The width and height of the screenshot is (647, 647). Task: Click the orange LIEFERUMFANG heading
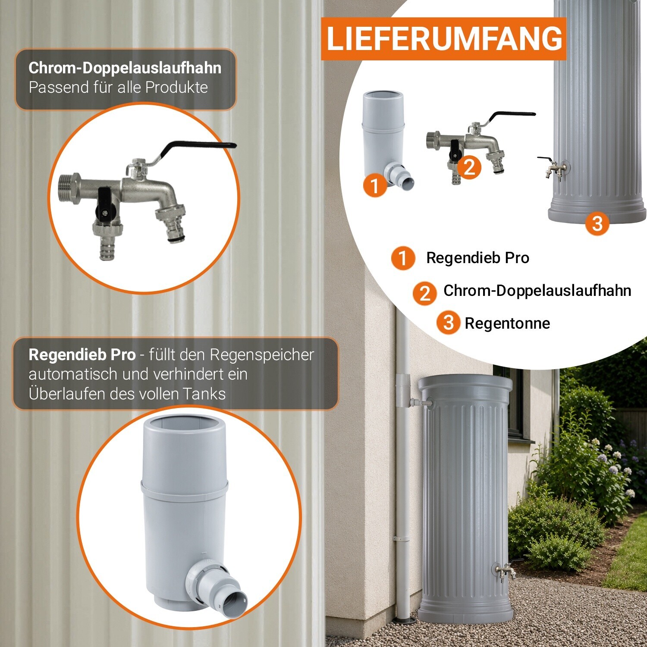click(x=444, y=39)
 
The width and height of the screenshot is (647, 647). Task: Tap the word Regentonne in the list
click(x=507, y=323)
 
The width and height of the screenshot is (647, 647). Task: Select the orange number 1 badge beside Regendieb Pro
click(x=403, y=258)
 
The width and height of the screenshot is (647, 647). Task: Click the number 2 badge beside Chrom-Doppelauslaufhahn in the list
click(x=425, y=293)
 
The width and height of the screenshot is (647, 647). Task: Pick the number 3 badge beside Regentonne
click(x=449, y=322)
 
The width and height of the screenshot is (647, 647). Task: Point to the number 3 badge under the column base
click(x=597, y=223)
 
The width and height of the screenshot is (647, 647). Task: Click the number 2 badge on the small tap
click(x=469, y=167)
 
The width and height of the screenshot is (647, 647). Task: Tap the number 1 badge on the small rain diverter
click(x=375, y=185)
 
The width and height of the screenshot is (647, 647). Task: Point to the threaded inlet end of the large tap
click(x=69, y=188)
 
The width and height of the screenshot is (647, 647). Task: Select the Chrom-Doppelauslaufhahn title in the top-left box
click(x=125, y=68)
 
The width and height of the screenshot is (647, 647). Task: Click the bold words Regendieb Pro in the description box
click(x=82, y=355)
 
